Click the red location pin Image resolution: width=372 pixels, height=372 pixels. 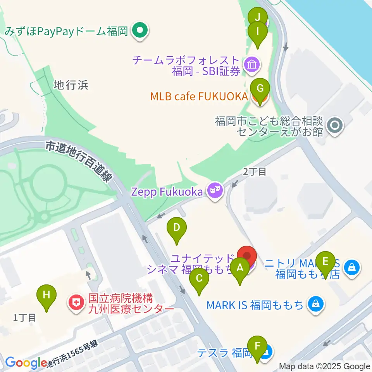pos(247,257)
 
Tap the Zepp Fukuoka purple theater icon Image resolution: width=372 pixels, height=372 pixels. pos(214,191)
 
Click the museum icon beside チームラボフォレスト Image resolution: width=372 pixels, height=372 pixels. pos(252,65)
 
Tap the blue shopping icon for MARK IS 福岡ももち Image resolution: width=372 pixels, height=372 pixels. pos(316,304)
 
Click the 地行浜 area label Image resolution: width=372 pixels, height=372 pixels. pos(71,85)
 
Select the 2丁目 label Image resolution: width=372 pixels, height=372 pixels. pos(255,172)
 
